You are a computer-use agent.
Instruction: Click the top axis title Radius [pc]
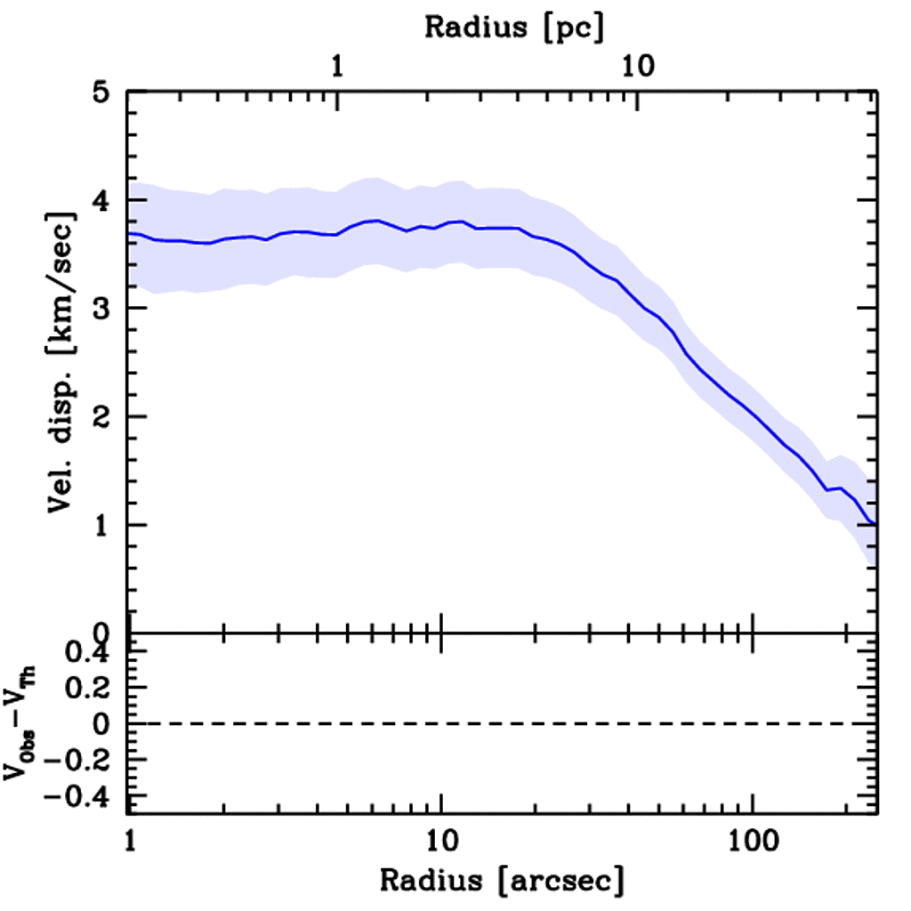coord(514,28)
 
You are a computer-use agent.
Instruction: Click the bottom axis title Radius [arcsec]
coord(503,881)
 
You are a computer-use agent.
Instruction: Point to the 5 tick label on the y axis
coord(106,93)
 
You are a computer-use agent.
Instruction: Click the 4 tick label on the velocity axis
coord(106,200)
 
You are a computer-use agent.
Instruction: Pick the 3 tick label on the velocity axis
coord(106,309)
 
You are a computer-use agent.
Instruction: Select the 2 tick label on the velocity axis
coord(106,416)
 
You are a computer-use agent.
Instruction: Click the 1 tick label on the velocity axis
coord(106,525)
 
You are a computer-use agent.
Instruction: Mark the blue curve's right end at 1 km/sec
coord(876,525)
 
